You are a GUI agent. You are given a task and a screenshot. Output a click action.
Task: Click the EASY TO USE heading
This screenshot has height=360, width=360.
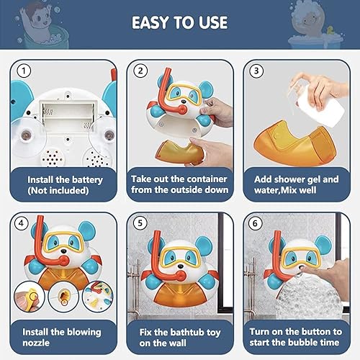click(x=180, y=22)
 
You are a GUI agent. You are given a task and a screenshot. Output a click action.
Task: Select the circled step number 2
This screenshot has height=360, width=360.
click(x=142, y=71)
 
